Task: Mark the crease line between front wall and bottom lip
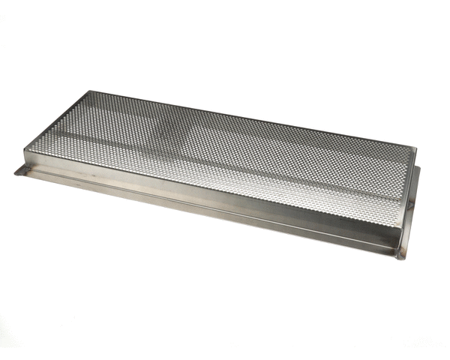210,211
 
